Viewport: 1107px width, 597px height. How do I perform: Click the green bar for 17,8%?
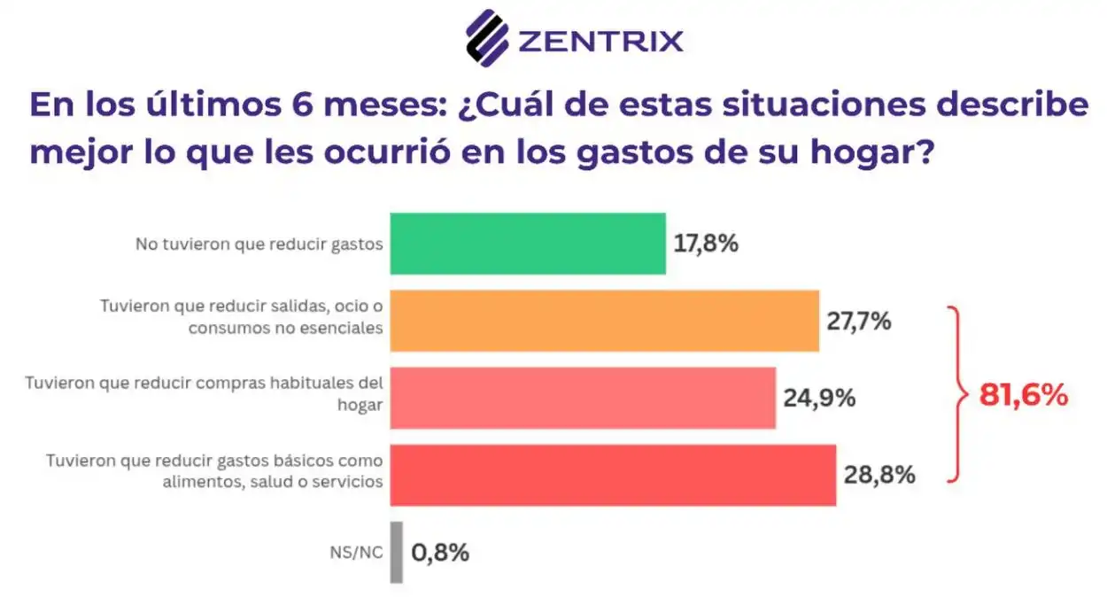[x=528, y=244]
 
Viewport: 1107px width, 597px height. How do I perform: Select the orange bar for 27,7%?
[x=604, y=321]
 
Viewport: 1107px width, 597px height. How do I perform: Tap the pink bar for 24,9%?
[x=583, y=398]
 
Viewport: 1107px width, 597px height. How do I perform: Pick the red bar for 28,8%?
[x=613, y=475]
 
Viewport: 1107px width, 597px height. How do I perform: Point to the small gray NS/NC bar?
[x=396, y=552]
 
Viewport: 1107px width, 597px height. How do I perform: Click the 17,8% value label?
[x=706, y=244]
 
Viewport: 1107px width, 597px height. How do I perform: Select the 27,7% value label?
[x=858, y=321]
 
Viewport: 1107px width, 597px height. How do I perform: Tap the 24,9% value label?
[x=818, y=398]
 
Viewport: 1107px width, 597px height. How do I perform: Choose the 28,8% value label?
[x=879, y=476]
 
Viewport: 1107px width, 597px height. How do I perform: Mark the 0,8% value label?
[x=439, y=553]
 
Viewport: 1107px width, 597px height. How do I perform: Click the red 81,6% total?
[x=1024, y=396]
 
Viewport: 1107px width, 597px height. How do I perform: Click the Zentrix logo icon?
[x=487, y=37]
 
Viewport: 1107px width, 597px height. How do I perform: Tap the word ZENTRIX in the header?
[x=600, y=41]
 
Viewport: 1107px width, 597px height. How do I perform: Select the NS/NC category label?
[x=355, y=553]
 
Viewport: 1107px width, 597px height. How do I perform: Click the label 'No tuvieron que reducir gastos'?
[x=259, y=244]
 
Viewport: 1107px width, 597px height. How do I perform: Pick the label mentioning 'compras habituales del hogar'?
[x=205, y=393]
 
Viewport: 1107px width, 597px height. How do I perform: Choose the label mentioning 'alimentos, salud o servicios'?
[x=214, y=471]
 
